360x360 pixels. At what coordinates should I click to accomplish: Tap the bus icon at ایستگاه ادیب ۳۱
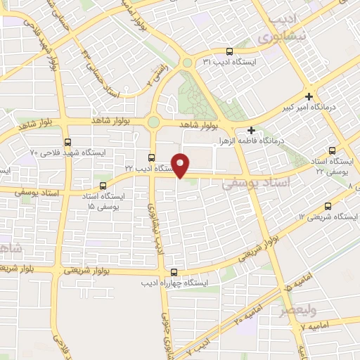(x=230, y=51)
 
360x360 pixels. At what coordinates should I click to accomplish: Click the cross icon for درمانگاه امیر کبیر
(x=309, y=96)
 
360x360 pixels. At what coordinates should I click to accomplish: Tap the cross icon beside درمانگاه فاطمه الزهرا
(x=251, y=130)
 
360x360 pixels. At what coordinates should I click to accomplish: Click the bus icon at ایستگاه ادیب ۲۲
(x=152, y=157)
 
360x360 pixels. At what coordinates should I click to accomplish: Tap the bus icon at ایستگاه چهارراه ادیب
(x=174, y=274)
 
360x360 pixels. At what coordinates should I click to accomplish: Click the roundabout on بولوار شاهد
(x=153, y=122)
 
